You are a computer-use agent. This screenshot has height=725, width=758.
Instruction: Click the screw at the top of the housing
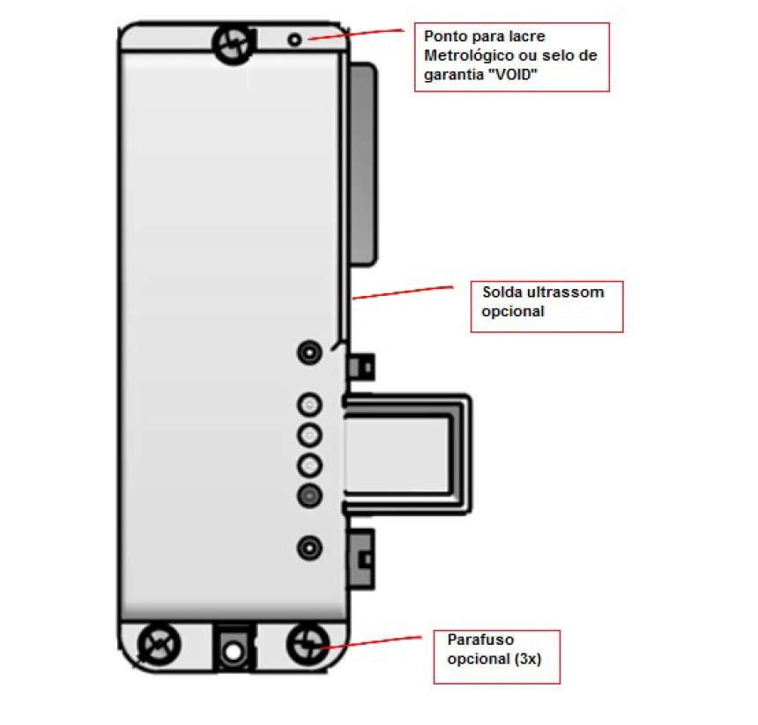(x=233, y=44)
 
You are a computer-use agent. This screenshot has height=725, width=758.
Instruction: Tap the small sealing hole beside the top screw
(x=294, y=40)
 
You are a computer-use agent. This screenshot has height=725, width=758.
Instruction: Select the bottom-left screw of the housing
(x=159, y=644)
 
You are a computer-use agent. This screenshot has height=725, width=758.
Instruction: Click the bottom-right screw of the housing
(x=308, y=644)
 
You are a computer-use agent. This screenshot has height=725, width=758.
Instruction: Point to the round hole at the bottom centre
(x=233, y=652)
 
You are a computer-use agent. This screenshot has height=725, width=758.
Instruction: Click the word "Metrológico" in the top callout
(x=467, y=55)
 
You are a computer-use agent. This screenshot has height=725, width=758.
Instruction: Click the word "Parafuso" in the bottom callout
(x=480, y=640)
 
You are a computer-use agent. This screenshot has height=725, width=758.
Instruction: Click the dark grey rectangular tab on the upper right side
(x=362, y=164)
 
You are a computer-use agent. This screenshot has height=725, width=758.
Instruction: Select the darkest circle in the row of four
(x=309, y=496)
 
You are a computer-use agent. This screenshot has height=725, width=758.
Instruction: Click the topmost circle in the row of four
(x=309, y=404)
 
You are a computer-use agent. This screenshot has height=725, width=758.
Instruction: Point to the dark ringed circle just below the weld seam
(x=309, y=352)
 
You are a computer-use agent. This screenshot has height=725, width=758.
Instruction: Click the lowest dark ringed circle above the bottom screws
(x=309, y=548)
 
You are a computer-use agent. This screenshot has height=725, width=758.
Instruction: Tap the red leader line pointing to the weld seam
(x=403, y=292)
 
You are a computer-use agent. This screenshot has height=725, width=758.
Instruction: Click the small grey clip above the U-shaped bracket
(x=361, y=366)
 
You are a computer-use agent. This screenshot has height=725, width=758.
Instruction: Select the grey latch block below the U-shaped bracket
(x=361, y=559)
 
